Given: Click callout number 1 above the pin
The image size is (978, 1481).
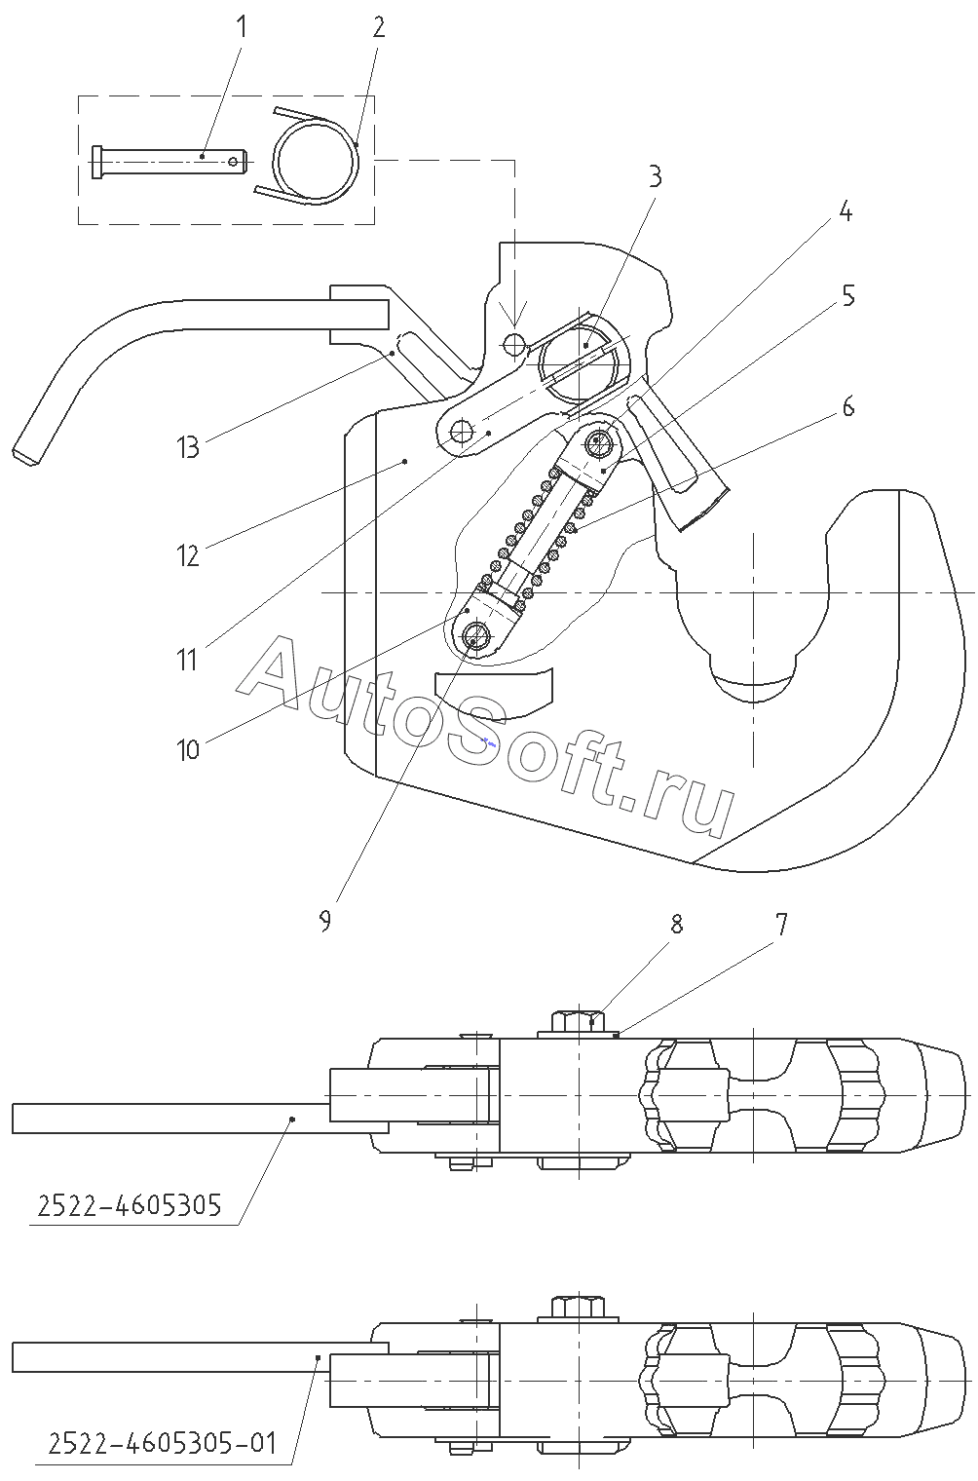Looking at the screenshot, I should click(x=242, y=26).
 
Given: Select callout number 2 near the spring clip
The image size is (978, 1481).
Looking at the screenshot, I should click(x=378, y=26).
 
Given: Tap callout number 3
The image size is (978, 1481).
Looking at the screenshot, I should click(x=655, y=176).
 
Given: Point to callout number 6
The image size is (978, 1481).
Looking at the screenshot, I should click(x=848, y=406).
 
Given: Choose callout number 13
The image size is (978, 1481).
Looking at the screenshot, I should click(x=187, y=447).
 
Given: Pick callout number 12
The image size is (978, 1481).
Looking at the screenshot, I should click(x=187, y=556).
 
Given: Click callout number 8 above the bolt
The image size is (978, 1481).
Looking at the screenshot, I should click(x=676, y=923).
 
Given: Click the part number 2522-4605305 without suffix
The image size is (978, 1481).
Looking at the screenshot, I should click(x=130, y=1206).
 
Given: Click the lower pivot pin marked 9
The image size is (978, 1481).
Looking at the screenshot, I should click(x=475, y=637).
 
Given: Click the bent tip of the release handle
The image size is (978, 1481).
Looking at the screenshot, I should click(x=27, y=452).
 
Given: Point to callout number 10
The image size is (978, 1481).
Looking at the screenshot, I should click(x=187, y=749).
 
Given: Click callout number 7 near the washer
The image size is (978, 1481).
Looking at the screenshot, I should click(x=780, y=923).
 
